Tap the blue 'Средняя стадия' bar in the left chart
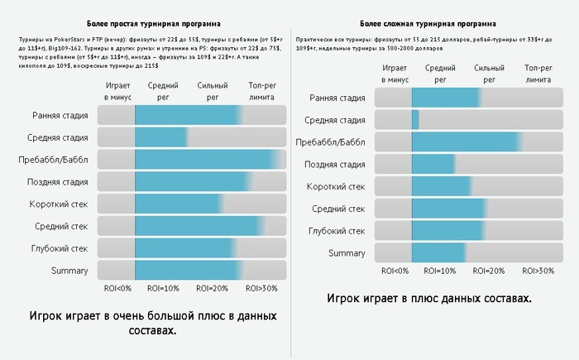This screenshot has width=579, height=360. pyautogui.click(x=161, y=137)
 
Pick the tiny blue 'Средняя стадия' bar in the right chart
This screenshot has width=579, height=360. pyautogui.click(x=415, y=120)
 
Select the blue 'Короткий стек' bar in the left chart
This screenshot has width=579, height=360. pyautogui.click(x=178, y=204)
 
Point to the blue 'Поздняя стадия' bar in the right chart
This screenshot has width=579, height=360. pyautogui.click(x=433, y=164)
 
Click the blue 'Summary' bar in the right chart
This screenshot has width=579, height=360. pyautogui.click(x=438, y=252)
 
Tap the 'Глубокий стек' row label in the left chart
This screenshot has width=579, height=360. pyautogui.click(x=59, y=247)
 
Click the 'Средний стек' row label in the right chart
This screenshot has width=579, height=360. pyautogui.click(x=337, y=209)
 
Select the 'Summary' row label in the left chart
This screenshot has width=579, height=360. pyautogui.click(x=69, y=270)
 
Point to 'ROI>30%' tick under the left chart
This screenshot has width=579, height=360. pyautogui.click(x=262, y=289)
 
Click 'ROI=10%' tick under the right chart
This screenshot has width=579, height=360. pyautogui.click(x=439, y=271)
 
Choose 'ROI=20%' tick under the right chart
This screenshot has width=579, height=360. pyautogui.click(x=488, y=271)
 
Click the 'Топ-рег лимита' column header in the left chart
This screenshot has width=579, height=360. pyautogui.click(x=264, y=91)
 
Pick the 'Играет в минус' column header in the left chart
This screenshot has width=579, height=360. pyautogui.click(x=117, y=91)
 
